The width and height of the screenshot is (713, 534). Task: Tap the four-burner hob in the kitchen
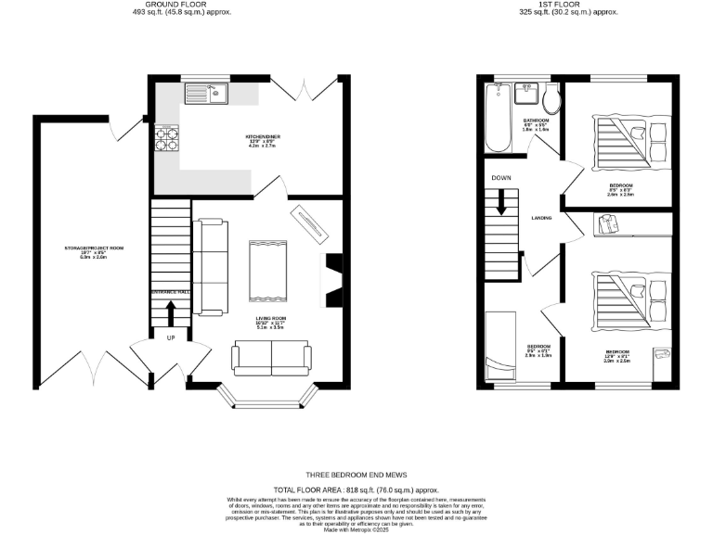pyautogui.click(x=167, y=138)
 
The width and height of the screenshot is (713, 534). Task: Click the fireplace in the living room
pyautogui.click(x=331, y=279)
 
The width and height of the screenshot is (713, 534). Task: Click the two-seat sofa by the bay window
pyautogui.click(x=272, y=357)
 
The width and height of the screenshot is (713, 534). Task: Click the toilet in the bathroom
pyautogui.click(x=551, y=99)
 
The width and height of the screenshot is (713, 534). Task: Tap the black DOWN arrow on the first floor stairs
pyautogui.click(x=502, y=201)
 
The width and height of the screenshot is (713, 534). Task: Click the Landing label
pyautogui.click(x=542, y=218)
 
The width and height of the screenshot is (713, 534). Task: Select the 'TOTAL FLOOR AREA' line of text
pyautogui.click(x=356, y=489)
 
